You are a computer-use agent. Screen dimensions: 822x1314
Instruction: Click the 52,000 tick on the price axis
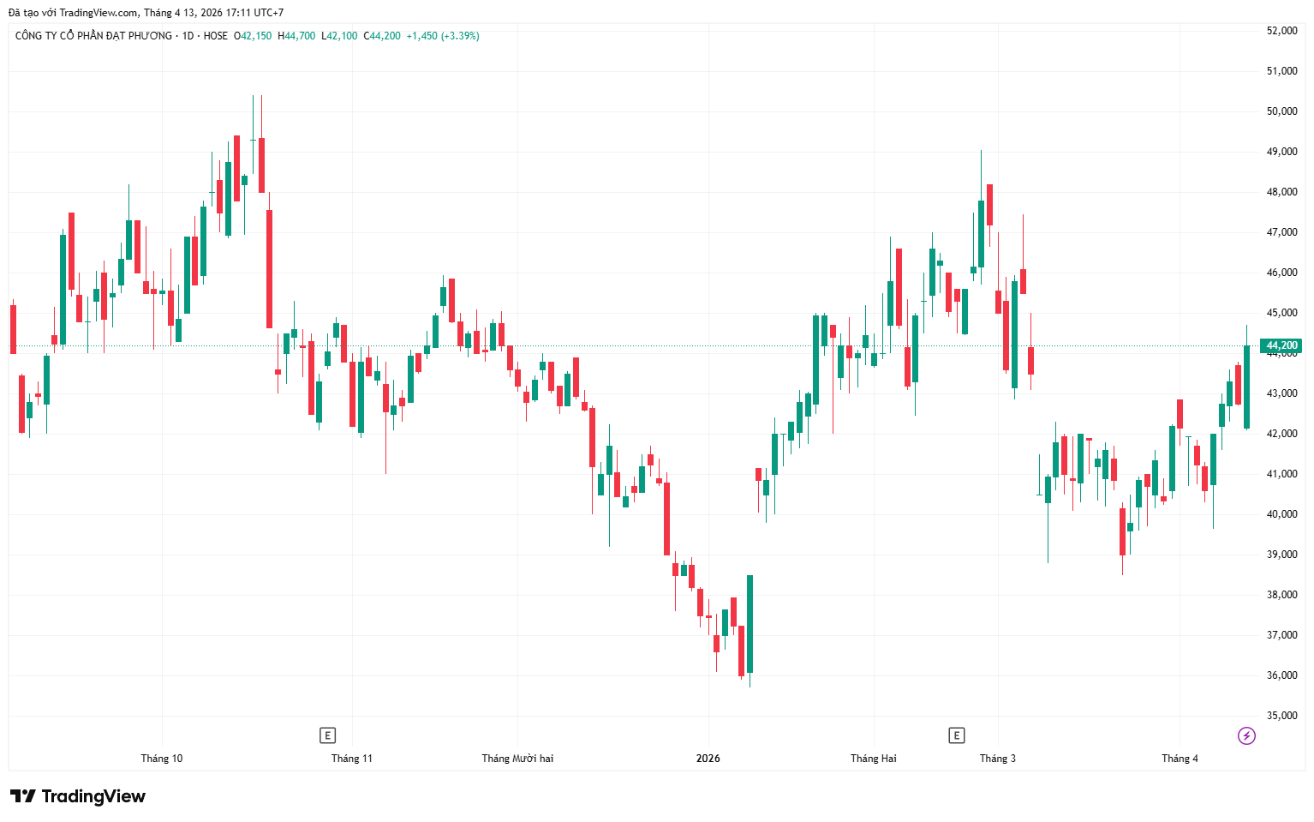click(1281, 31)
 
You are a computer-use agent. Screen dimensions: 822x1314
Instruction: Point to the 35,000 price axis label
click(1281, 716)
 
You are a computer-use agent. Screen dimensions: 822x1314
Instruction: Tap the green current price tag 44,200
click(1282, 346)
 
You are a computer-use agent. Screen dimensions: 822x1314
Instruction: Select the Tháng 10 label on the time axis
click(161, 759)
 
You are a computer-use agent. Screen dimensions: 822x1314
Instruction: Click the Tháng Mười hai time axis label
click(517, 759)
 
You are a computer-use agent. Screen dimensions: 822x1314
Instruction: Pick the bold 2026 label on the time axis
click(708, 759)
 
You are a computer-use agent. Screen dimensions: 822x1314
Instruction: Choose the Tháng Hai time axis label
click(873, 759)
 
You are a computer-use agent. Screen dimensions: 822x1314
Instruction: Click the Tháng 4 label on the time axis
click(1180, 759)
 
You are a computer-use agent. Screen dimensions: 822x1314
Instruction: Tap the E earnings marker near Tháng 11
click(326, 735)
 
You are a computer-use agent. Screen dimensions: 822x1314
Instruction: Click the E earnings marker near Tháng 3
click(956, 735)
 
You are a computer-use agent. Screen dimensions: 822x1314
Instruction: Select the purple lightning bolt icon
click(1246, 735)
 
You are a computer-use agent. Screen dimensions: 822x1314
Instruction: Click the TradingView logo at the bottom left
click(78, 796)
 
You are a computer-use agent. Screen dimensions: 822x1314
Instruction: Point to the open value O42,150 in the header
click(253, 36)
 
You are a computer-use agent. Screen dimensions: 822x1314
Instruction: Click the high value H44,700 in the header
click(296, 36)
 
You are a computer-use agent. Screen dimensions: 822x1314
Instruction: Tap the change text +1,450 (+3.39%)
click(443, 36)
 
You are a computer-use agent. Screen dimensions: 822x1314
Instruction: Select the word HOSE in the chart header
click(216, 36)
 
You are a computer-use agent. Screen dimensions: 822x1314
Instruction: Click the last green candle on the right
click(1246, 386)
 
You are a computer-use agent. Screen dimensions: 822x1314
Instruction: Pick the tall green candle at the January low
click(750, 624)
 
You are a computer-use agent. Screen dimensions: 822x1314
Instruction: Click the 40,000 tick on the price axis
click(1281, 514)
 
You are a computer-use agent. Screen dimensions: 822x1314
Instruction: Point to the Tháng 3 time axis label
click(997, 759)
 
